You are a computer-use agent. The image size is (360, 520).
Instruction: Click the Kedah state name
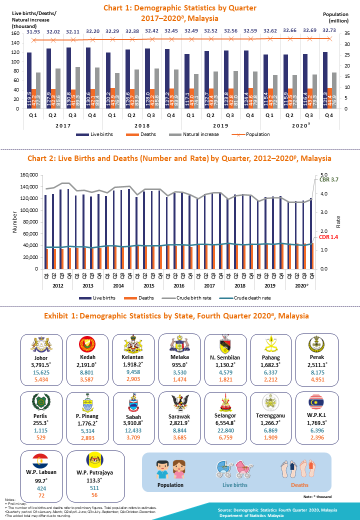pos(87,357)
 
